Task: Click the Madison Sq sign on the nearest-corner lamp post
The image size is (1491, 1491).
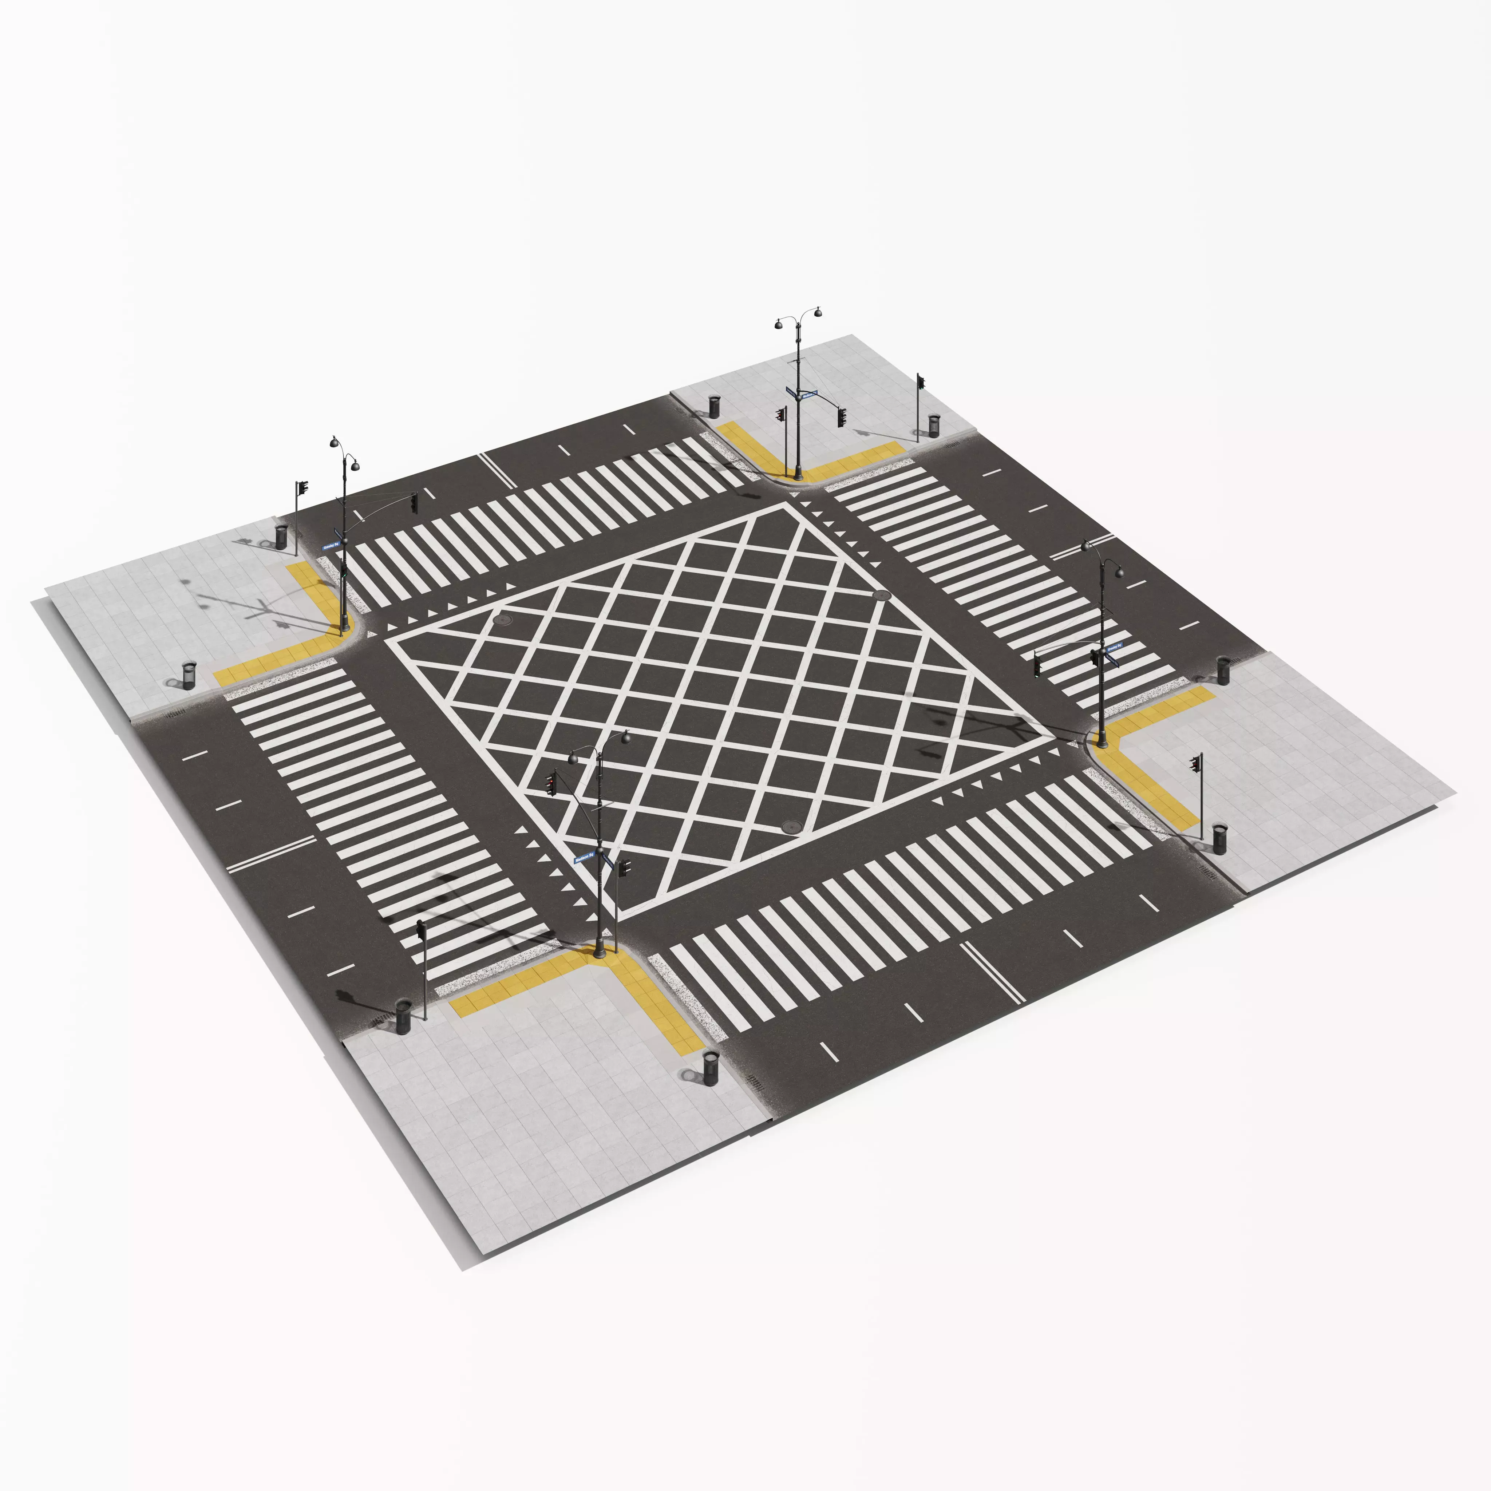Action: [584, 857]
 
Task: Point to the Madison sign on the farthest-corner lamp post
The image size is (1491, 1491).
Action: [808, 394]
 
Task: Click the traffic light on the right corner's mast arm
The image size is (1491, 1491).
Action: [1036, 664]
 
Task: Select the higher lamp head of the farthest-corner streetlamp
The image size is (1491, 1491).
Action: [817, 313]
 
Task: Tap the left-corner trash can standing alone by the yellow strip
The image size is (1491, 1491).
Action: [189, 675]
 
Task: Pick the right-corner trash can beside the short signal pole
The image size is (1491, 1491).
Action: [1219, 839]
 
